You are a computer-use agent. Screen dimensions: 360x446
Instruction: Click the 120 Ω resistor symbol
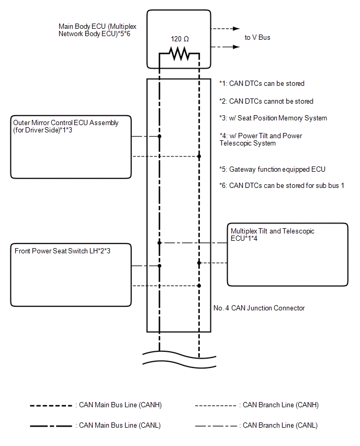(179, 53)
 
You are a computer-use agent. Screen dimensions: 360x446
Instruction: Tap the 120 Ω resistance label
(179, 39)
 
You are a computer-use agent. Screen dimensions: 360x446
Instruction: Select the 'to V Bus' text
(257, 38)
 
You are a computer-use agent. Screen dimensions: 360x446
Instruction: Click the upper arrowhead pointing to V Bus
(237, 28)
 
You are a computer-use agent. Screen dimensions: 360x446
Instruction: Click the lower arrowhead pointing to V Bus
(237, 47)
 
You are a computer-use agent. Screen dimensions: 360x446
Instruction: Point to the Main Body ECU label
(97, 30)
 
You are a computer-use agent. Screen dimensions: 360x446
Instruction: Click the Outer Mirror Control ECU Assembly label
(66, 126)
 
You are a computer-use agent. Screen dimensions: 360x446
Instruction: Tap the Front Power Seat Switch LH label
(62, 251)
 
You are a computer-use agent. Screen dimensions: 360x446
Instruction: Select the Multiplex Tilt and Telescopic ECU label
(273, 235)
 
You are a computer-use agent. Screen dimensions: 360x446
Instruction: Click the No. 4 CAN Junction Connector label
(259, 308)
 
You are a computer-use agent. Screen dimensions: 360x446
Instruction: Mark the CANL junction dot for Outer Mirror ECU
(159, 136)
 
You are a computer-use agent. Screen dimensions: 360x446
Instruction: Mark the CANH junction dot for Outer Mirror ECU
(199, 157)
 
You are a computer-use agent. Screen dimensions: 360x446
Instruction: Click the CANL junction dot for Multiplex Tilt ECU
(159, 242)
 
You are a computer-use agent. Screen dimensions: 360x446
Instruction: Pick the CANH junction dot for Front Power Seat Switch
(199, 286)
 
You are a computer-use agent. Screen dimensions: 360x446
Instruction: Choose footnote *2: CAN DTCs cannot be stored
(266, 101)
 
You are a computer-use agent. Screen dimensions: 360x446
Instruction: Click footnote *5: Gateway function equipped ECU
(272, 169)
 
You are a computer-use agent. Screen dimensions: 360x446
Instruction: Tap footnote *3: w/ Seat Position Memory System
(273, 118)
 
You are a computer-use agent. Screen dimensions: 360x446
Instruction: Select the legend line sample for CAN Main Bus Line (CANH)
(51, 406)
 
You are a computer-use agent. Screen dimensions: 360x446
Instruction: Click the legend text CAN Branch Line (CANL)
(280, 425)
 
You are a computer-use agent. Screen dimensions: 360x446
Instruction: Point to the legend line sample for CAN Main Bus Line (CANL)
(51, 426)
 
